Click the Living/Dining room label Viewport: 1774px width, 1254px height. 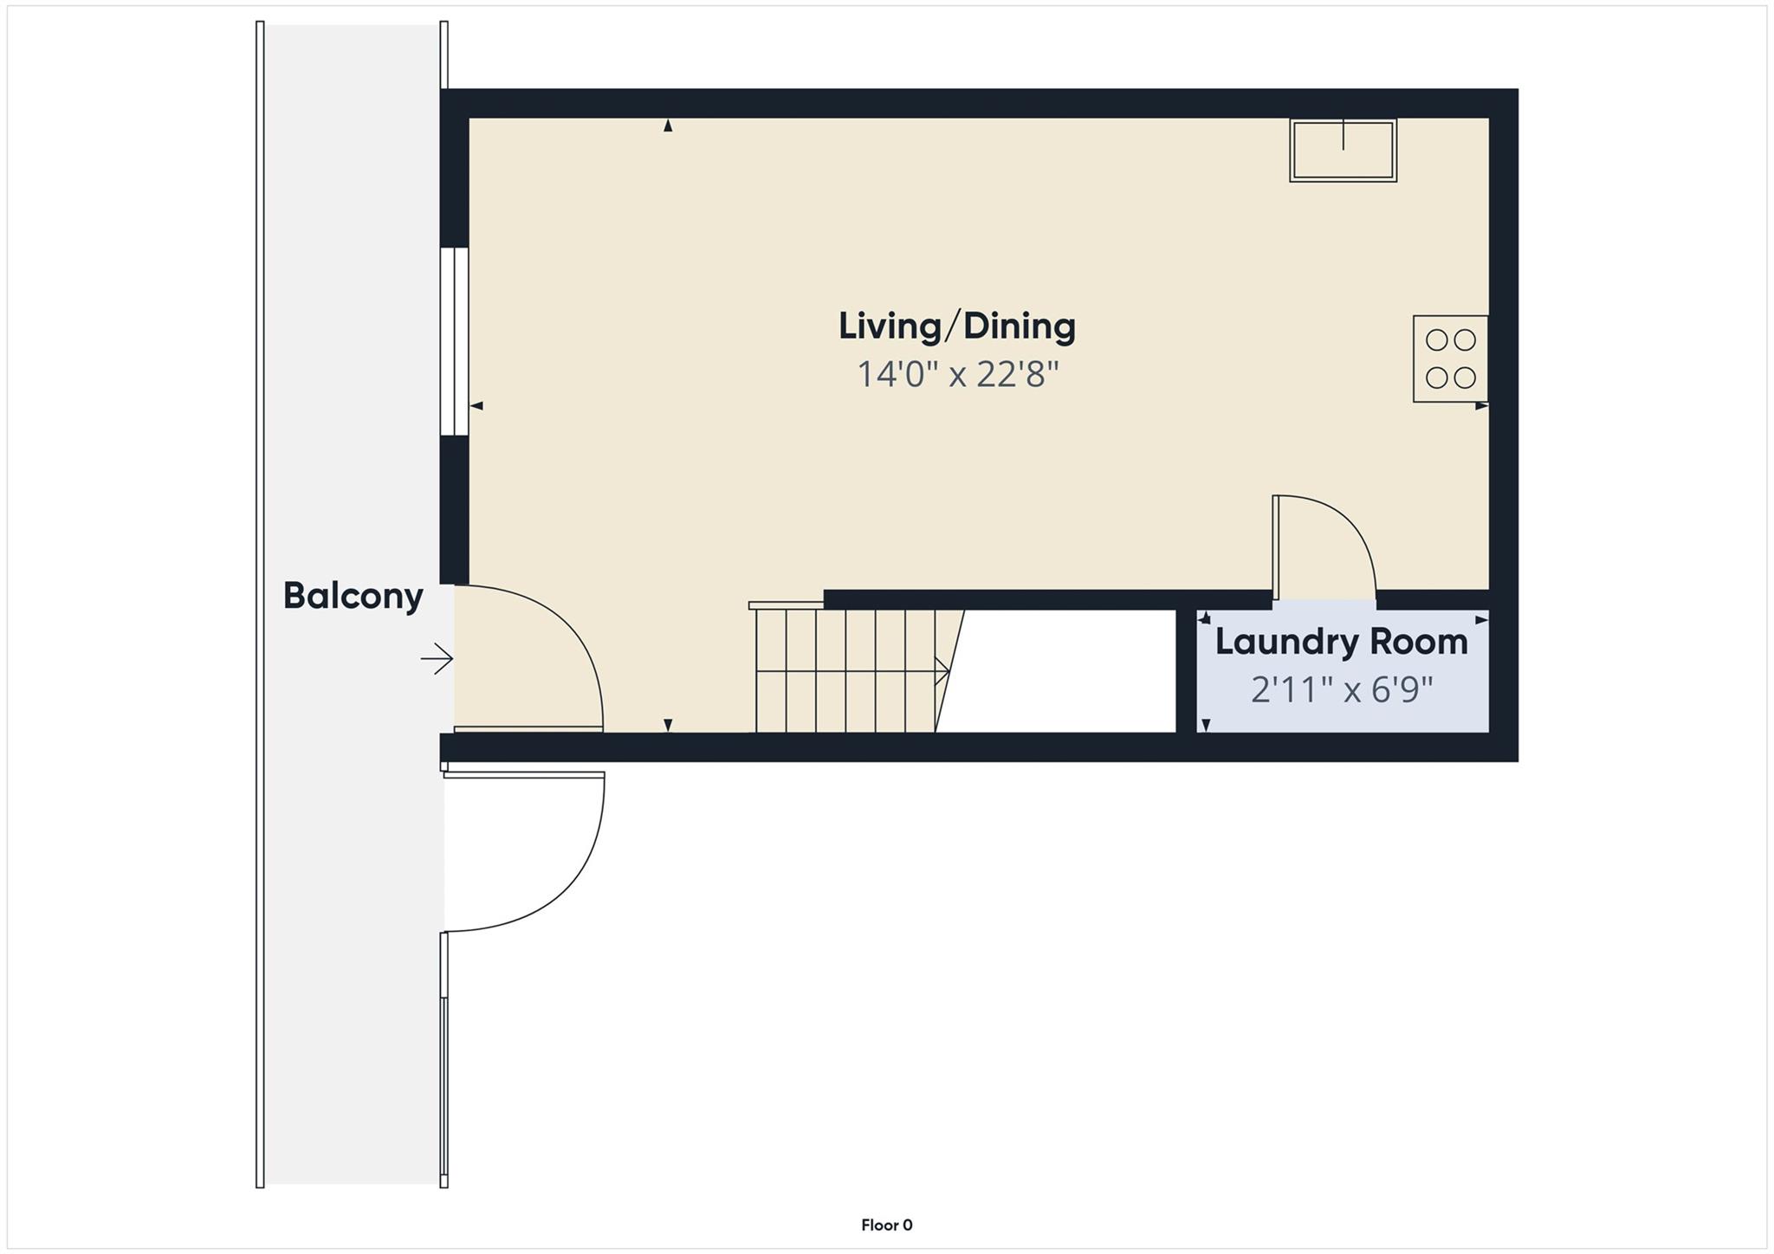click(957, 326)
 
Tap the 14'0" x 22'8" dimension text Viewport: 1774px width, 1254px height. click(957, 375)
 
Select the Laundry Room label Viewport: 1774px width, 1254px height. click(1341, 642)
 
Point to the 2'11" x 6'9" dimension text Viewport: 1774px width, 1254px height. click(1341, 690)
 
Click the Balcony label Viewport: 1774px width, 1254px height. click(353, 596)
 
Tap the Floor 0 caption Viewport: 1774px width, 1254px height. click(886, 1225)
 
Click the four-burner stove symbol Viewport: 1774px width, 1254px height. click(1450, 359)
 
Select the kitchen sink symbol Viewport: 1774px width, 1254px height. click(1343, 150)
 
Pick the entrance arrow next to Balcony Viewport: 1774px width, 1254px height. click(437, 660)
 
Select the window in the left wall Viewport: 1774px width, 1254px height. click(454, 341)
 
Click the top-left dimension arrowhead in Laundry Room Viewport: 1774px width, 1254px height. click(1204, 618)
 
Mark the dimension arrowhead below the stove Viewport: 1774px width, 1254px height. click(1481, 405)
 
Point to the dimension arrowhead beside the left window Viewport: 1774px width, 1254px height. click(476, 405)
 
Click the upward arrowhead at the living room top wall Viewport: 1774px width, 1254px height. click(668, 126)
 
